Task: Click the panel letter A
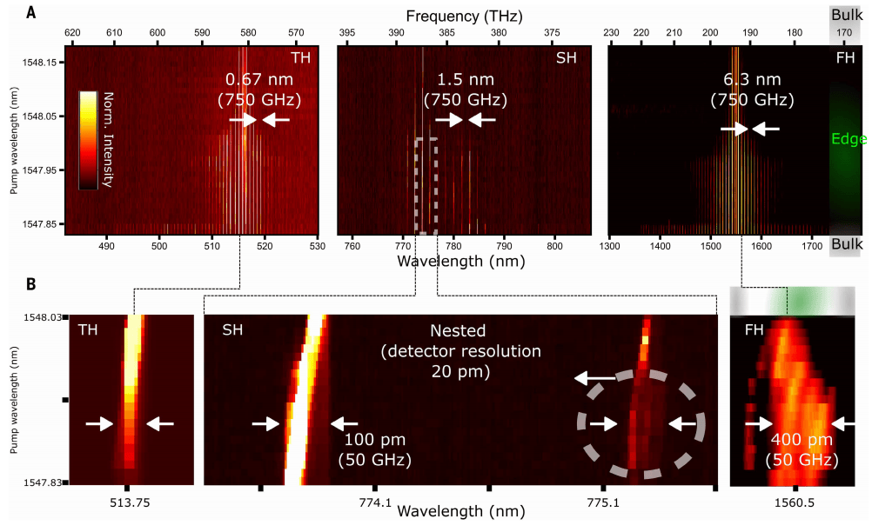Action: tap(31, 12)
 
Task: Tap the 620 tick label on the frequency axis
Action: tap(72, 33)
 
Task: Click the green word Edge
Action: tap(844, 138)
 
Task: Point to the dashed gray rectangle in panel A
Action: tap(426, 185)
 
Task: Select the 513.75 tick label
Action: tap(127, 501)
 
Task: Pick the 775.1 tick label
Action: tap(602, 502)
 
